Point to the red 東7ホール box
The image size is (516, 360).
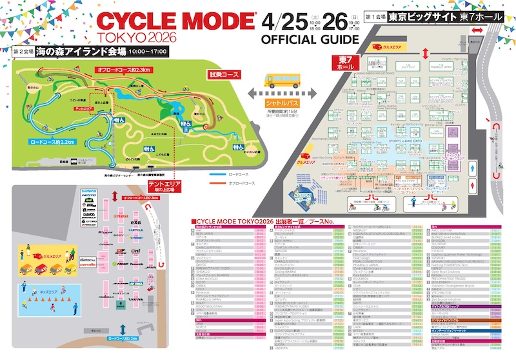(x=344, y=63)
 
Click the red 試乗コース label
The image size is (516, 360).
(x=224, y=74)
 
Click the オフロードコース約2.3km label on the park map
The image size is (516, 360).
(x=123, y=69)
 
